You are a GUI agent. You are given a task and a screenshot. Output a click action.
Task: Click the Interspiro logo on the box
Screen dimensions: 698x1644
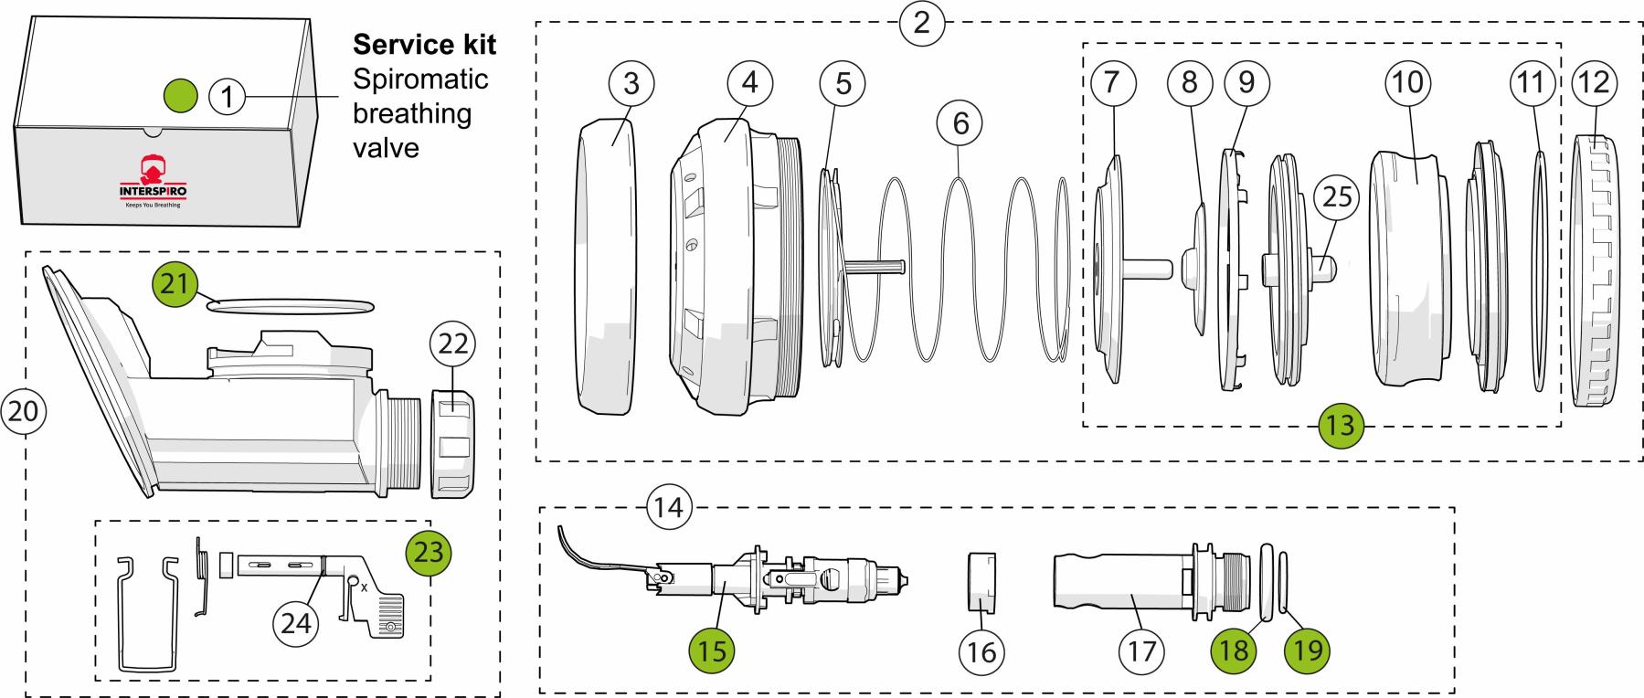pos(153,179)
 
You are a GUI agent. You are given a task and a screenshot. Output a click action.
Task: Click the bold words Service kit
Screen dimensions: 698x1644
pos(424,45)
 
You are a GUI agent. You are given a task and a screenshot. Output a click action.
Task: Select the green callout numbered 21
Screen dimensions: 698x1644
pos(175,284)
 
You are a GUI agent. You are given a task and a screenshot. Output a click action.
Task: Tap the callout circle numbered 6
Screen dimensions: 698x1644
pos(960,123)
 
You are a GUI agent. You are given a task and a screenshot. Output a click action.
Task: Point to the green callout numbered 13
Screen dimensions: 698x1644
pos(1341,424)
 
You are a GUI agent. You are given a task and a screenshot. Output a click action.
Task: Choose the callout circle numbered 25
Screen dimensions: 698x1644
pos(1337,196)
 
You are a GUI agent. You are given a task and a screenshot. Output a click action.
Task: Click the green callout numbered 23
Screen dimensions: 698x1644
pos(429,551)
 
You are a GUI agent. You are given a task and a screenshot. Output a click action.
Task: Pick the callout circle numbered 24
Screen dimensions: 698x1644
pos(296,623)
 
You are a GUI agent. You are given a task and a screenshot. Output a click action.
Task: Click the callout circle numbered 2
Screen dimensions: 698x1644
pos(921,22)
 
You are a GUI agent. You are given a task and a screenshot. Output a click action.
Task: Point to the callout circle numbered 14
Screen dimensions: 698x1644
pos(669,507)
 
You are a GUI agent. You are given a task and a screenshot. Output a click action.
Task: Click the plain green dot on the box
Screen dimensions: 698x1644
pos(180,93)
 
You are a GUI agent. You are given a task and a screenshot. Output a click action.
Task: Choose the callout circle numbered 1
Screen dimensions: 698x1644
pos(228,94)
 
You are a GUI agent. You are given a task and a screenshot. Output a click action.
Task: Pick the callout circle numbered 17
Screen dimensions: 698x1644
pos(1141,650)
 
